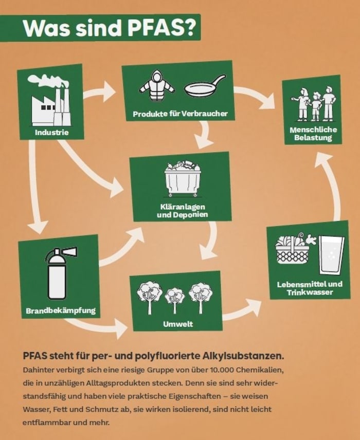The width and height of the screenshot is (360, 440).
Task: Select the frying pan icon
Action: (x=204, y=86)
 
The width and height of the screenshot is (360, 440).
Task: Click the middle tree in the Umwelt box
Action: (x=175, y=298)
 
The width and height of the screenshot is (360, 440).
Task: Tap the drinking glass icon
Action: (x=331, y=255)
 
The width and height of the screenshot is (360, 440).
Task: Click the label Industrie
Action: (x=51, y=132)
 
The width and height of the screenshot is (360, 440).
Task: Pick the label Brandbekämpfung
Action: (x=60, y=310)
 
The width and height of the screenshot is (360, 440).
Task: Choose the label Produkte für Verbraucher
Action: (x=180, y=113)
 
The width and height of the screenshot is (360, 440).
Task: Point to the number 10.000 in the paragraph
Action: (x=228, y=371)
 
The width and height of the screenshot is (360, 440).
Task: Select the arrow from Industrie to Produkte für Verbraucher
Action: (x=100, y=93)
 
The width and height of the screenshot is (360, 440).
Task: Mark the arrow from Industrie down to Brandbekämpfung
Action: (x=35, y=190)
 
